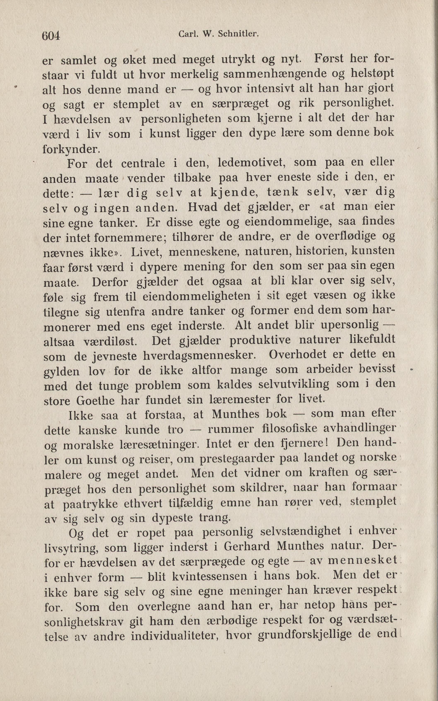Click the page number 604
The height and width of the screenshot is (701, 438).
pos(51,35)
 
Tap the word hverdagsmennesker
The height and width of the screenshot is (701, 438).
pos(200,355)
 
